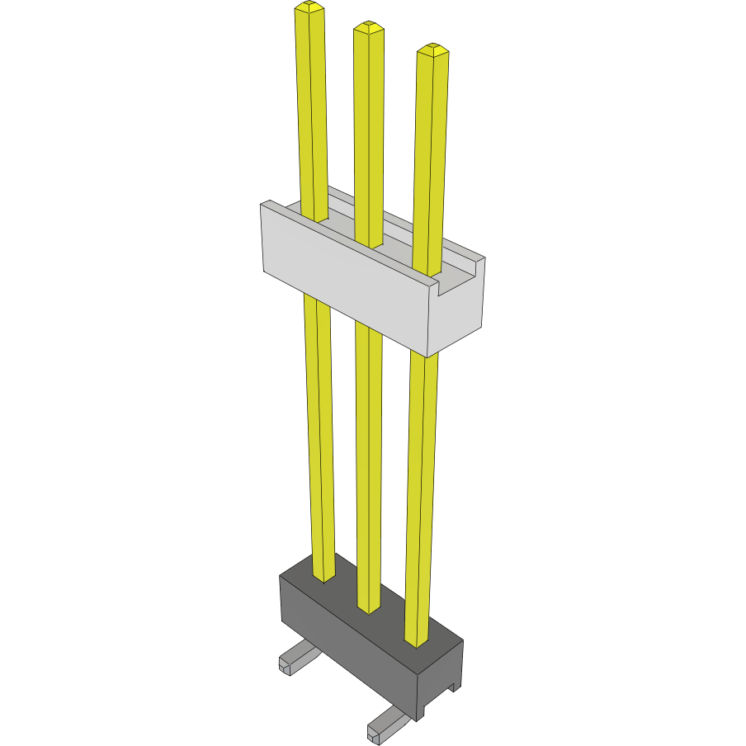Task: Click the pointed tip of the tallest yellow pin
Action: click(309, 7)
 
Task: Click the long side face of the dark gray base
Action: click(347, 652)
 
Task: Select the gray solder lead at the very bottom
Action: click(385, 726)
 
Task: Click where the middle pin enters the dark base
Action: click(369, 609)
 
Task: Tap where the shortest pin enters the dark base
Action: click(417, 641)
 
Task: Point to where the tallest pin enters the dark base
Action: click(323, 577)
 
